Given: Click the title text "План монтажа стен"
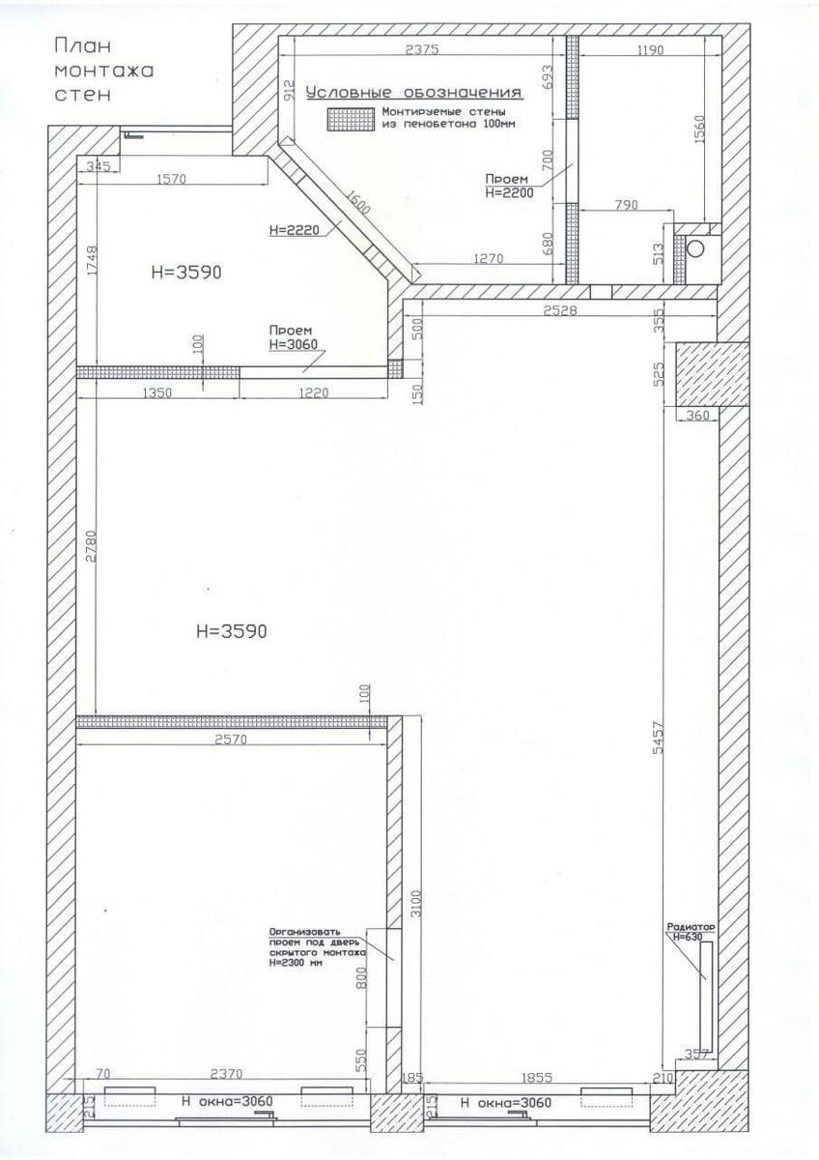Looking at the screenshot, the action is tap(104, 70).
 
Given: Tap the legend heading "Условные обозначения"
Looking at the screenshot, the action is tap(413, 92).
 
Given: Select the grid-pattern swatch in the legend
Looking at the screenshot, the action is tap(351, 120).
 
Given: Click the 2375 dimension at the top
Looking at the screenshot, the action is tap(422, 49).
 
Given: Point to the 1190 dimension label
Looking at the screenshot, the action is tap(649, 49).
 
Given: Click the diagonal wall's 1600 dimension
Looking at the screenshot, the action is tap(357, 202).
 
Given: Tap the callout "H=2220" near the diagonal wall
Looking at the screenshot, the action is tap(295, 229).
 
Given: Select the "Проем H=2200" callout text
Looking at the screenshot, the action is tap(509, 186).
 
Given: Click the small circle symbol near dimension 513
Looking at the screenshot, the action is tap(696, 248).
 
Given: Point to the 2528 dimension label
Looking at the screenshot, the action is tap(560, 310).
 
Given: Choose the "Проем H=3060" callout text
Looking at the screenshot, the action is tap(293, 337).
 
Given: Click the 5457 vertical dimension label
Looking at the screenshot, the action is tap(658, 738).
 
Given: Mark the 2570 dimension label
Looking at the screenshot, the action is tap(230, 740).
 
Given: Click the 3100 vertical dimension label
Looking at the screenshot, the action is tap(417, 904).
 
